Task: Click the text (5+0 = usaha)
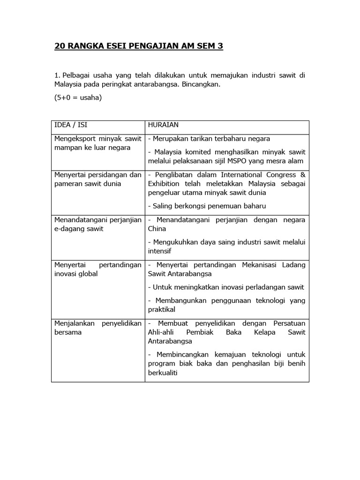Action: point(78,97)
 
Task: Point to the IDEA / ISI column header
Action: point(70,126)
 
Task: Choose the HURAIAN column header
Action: point(164,126)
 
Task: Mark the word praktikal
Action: point(162,309)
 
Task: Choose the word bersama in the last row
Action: point(68,332)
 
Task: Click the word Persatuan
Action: point(289,323)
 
